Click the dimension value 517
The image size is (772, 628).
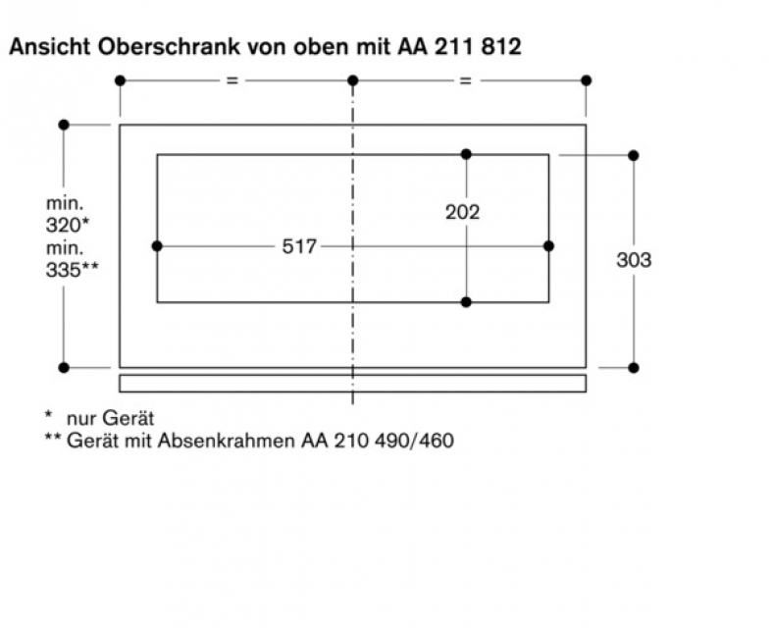point(299,246)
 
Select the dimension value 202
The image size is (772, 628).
point(462,212)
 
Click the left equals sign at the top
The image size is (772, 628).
point(232,80)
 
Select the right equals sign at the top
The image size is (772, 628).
point(465,80)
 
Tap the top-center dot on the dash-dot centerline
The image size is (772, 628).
point(353,80)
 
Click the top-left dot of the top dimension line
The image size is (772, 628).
point(120,80)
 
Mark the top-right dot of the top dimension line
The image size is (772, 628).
point(587,80)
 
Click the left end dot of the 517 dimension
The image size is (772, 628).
point(157,245)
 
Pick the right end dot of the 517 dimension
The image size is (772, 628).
point(548,245)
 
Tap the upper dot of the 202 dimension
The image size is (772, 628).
point(466,154)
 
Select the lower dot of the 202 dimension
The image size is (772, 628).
point(466,301)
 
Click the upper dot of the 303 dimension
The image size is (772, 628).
point(634,155)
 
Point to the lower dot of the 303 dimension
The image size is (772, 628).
point(634,367)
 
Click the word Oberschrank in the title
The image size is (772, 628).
point(149,47)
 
